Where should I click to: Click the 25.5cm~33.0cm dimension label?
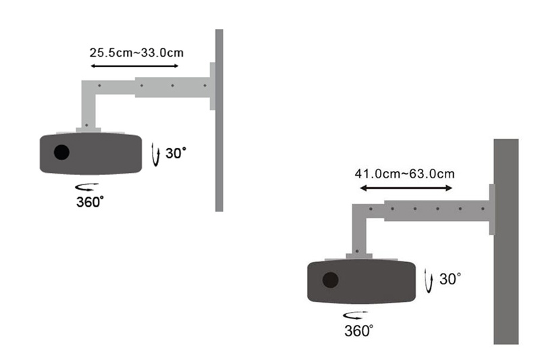(136, 53)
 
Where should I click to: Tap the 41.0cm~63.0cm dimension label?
(404, 174)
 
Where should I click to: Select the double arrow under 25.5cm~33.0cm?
(134, 66)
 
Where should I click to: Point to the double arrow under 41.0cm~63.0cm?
(406, 188)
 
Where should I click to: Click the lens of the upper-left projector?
(61, 152)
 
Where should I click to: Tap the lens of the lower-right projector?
(330, 280)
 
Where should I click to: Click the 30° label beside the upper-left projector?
(175, 153)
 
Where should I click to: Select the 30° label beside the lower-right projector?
(450, 279)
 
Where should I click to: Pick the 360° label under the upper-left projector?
(90, 202)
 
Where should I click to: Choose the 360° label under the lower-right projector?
(358, 331)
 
